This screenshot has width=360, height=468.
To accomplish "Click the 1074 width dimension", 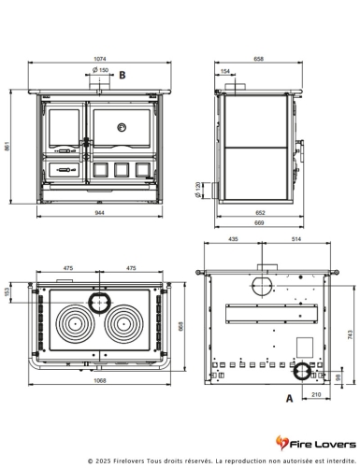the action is coord(100,59).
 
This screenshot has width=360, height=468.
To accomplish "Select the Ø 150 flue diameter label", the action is coord(100,70).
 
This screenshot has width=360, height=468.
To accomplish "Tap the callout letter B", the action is coord(122,75).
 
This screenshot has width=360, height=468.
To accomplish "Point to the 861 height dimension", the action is coord(7,147).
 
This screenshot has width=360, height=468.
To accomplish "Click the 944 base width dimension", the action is coord(99,213).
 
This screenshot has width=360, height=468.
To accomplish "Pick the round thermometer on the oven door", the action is coord(122,127).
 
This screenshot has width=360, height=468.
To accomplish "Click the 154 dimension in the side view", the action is coord(224,71).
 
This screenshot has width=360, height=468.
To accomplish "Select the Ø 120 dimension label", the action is coord(197,190).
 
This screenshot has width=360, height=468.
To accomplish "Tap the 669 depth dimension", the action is coord(259,222).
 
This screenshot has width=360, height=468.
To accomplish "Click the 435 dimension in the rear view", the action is coord(233,239).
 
